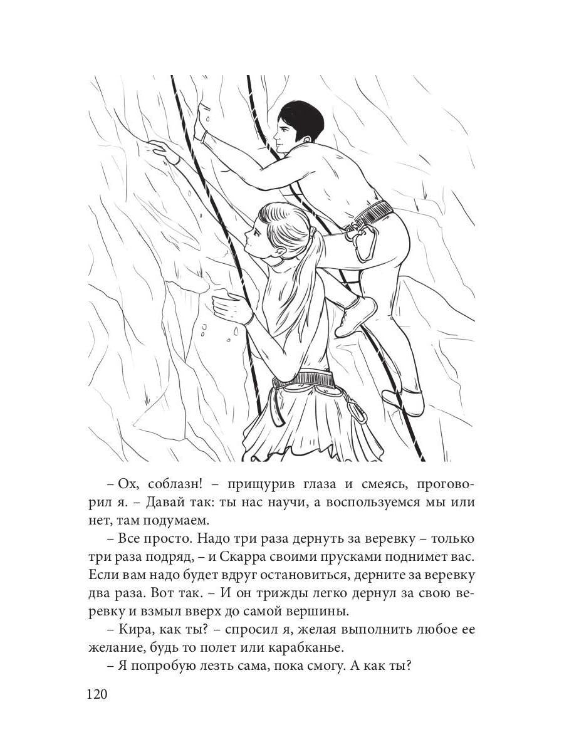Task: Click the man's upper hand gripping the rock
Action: point(202,119)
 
